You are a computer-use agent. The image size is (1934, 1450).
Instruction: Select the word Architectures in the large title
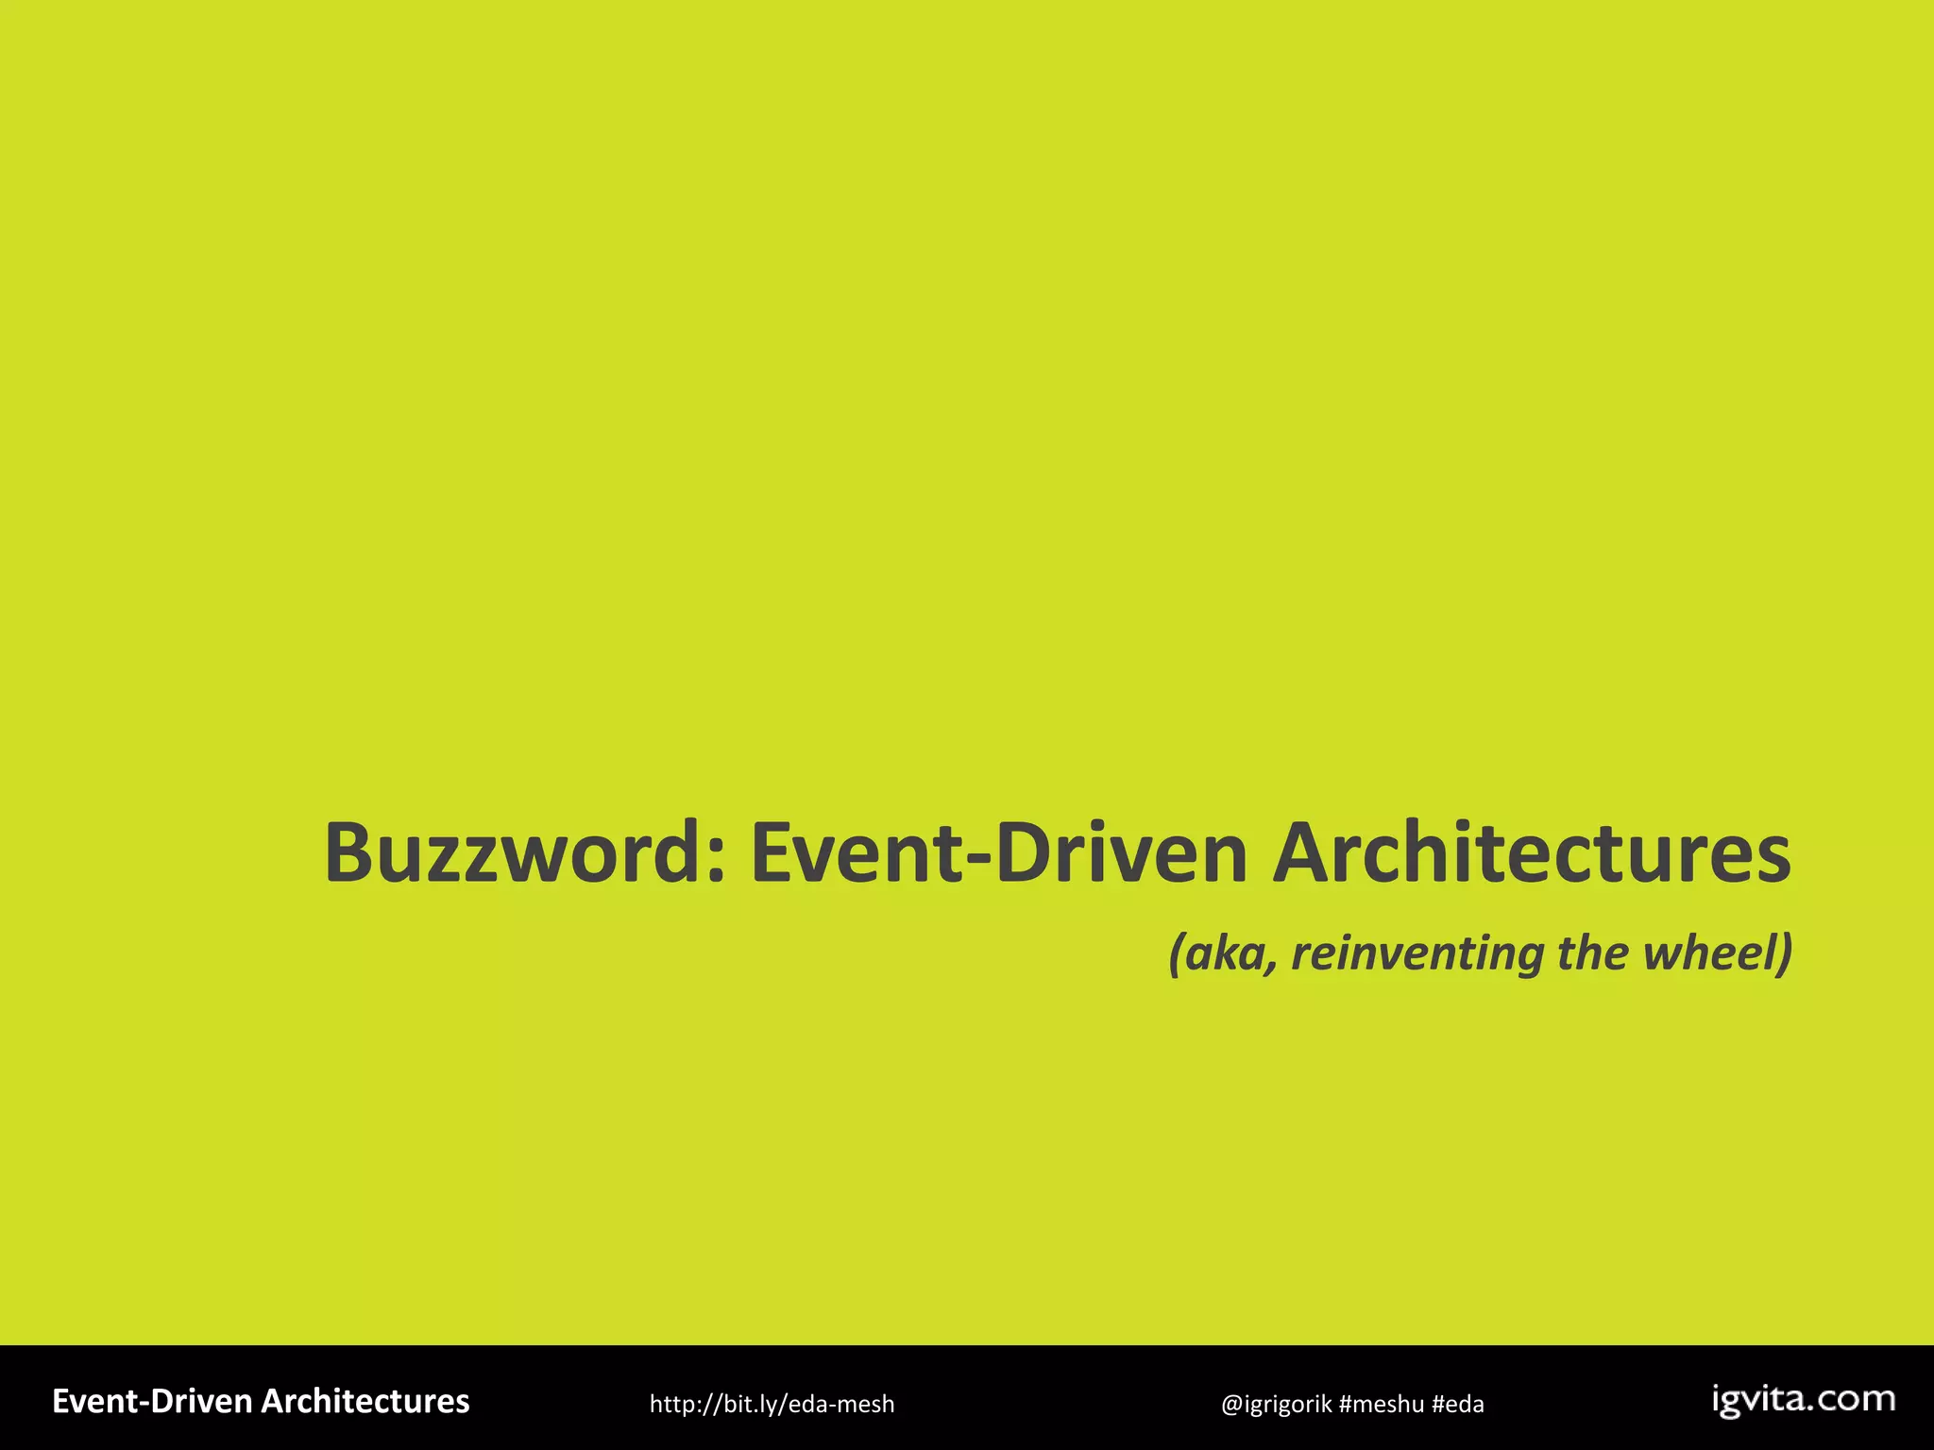[1531, 853]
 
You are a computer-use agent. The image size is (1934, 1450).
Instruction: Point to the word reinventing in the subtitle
[1417, 953]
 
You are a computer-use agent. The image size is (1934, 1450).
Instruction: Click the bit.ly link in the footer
[772, 1405]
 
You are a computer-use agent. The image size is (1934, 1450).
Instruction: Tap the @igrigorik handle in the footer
[1276, 1405]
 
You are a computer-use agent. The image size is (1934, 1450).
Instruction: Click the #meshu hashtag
[1382, 1405]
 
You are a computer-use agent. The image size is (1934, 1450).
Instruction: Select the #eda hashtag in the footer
[1458, 1405]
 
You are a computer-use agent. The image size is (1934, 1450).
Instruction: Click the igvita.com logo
[1803, 1400]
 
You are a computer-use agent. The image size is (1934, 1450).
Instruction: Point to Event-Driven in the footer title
[152, 1402]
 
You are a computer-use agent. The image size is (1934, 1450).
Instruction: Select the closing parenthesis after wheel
[1784, 953]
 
